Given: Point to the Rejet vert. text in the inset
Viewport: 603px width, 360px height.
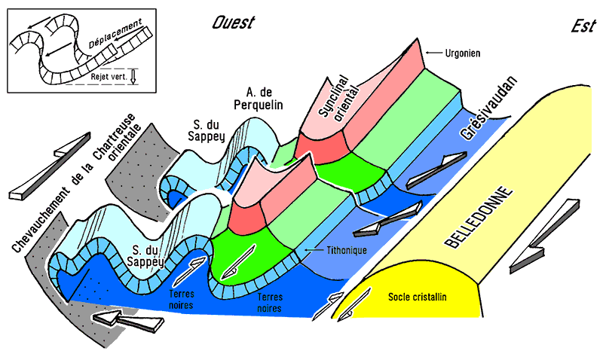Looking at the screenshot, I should point(108,75).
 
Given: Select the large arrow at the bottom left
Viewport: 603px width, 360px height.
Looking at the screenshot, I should point(127,320).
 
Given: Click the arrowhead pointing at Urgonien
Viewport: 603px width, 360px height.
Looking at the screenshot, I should point(429,52).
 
